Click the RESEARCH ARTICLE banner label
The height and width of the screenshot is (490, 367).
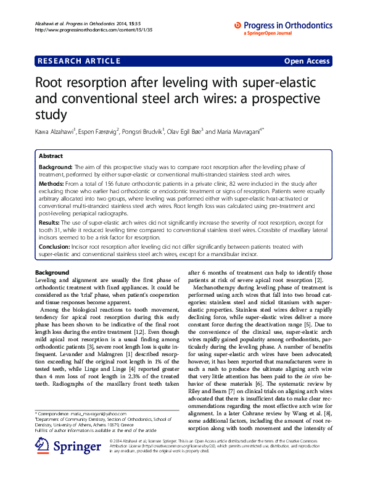[80, 61]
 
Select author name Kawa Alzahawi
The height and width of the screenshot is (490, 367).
[55, 131]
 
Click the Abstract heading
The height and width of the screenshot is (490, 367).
[51, 157]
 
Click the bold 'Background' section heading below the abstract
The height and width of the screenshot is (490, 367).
[52, 273]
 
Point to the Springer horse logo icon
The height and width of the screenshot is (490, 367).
[43, 460]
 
